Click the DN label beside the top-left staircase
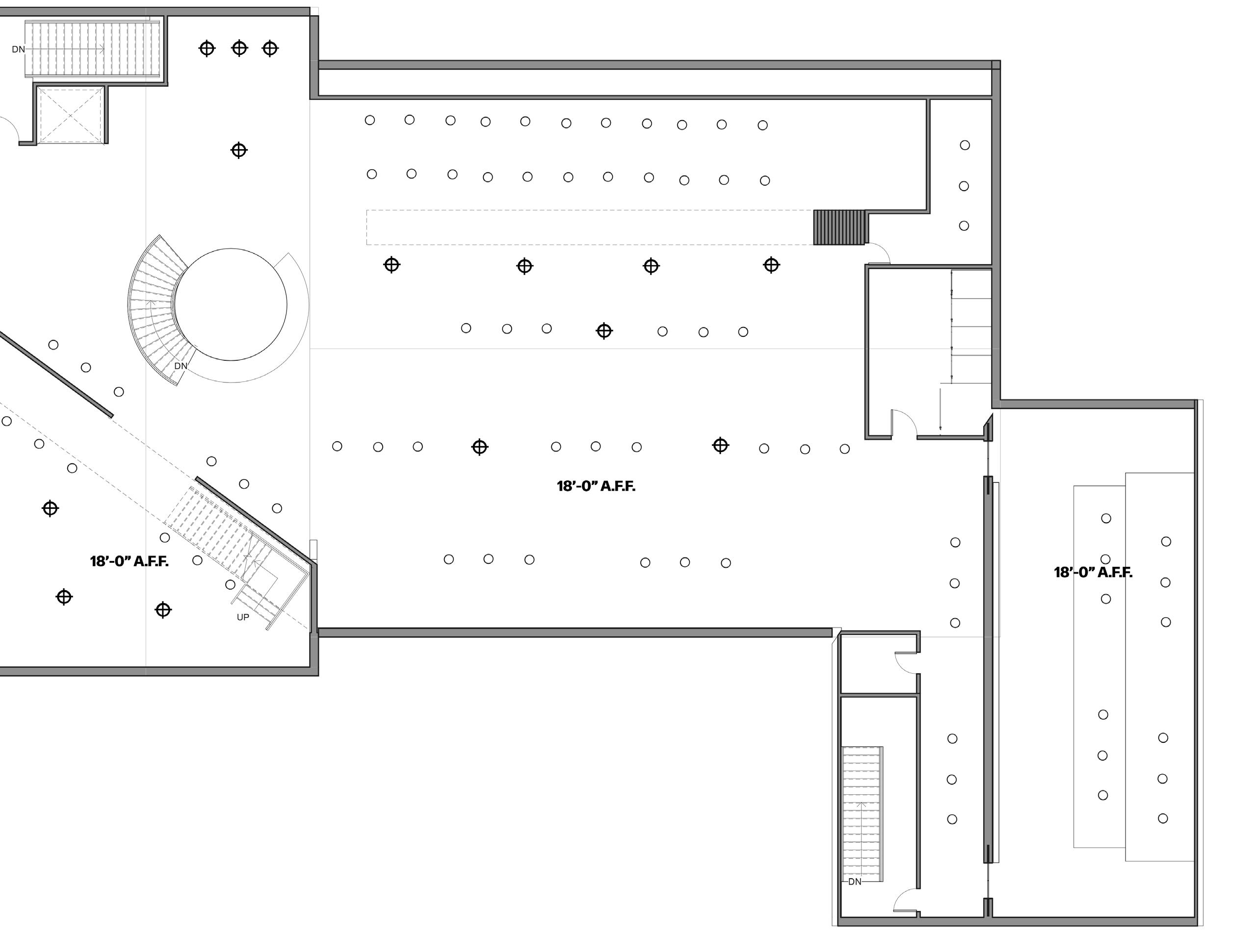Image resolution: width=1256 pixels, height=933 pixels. pos(18,49)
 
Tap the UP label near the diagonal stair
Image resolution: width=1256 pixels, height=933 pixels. pos(242,617)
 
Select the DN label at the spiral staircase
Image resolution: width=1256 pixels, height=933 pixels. pos(180,366)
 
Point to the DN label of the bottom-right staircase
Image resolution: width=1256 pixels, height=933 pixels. pos(854,882)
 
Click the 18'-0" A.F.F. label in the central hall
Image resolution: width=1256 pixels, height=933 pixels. pos(596,486)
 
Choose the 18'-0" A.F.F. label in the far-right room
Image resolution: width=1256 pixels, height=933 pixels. pos(1093,573)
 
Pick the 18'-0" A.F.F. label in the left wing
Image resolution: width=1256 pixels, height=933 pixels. pos(129,561)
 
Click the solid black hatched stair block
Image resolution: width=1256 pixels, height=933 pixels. pos(839,227)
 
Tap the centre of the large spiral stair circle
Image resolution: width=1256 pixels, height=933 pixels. pos(231,304)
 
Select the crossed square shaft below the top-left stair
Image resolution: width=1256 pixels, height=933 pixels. pos(71,115)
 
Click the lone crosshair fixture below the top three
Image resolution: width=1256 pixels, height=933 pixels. pos(239,150)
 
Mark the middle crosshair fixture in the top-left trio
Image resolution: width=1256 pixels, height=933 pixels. pos(239,49)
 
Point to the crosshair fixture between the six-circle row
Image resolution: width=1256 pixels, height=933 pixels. pos(604,331)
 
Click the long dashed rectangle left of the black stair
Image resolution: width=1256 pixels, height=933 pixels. pos(588,227)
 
